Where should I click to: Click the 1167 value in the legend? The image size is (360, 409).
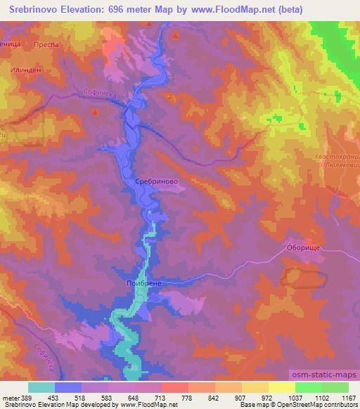tap(348, 397)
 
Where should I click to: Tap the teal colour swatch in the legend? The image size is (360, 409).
tap(41, 387)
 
